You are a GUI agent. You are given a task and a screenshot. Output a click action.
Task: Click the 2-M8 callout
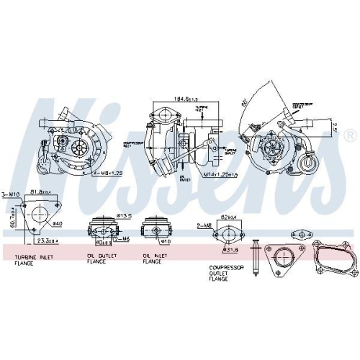point(204,225)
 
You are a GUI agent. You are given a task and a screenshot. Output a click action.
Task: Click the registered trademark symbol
point(350,135)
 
